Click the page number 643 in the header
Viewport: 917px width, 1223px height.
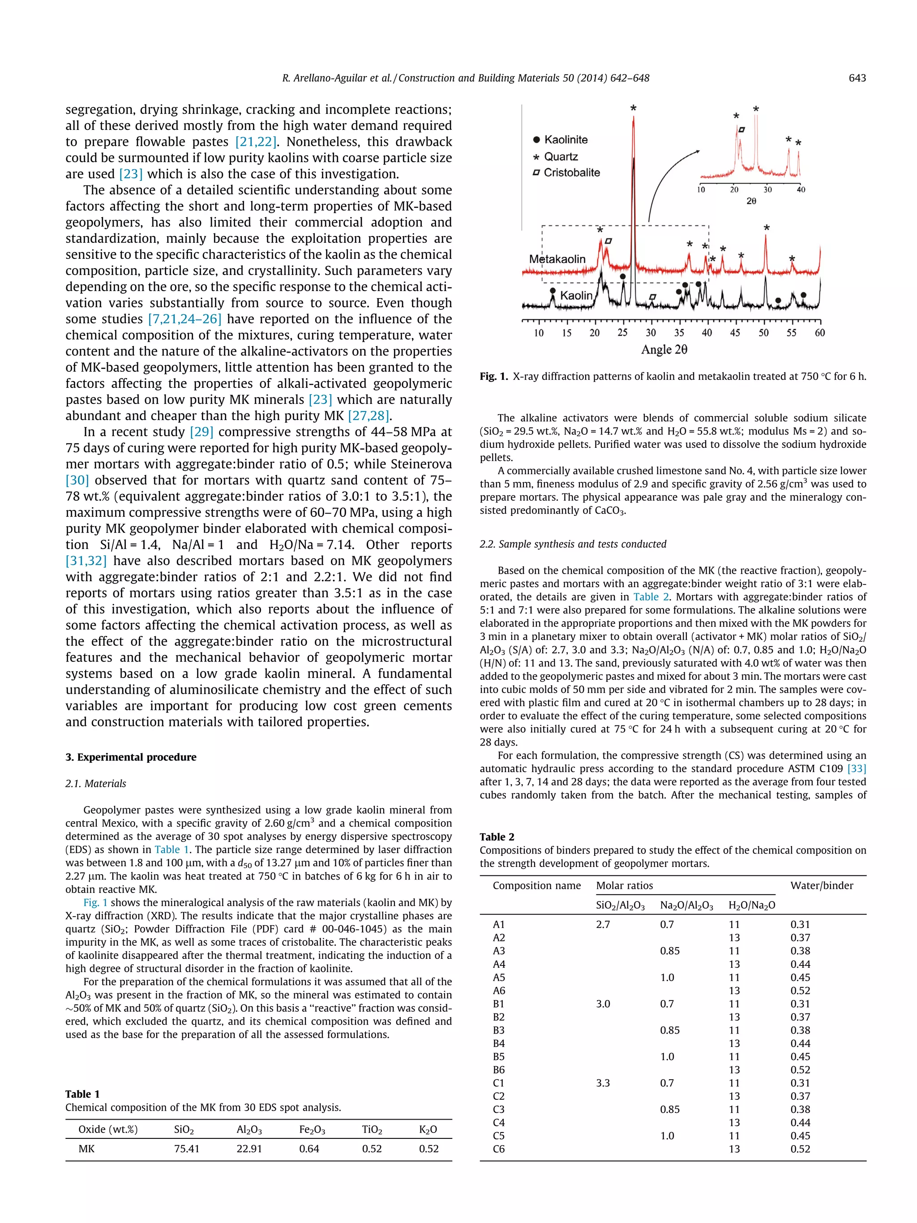(x=857, y=78)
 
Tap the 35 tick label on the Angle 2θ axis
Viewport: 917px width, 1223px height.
(x=679, y=333)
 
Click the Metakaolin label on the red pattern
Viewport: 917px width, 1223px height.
(x=557, y=259)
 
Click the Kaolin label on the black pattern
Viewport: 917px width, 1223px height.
(x=575, y=296)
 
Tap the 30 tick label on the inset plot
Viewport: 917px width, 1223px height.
(x=768, y=189)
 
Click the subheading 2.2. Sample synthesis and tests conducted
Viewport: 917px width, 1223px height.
(x=573, y=544)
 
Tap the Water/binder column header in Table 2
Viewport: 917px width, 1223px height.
(x=821, y=886)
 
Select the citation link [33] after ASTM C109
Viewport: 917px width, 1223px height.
(x=856, y=768)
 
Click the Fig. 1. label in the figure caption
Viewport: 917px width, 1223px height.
(x=493, y=377)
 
